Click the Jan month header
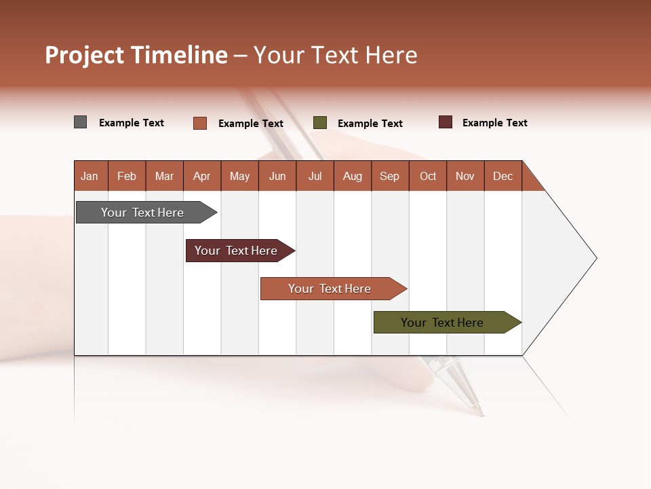click(x=90, y=176)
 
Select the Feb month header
click(x=127, y=176)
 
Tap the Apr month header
click(x=201, y=176)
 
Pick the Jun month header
click(x=277, y=176)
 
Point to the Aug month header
click(x=352, y=176)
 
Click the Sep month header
click(x=389, y=176)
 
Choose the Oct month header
click(x=428, y=176)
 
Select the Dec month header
click(x=502, y=176)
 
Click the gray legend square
click(x=81, y=122)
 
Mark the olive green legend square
click(x=320, y=123)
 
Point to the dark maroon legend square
click(x=446, y=122)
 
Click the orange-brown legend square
click(x=200, y=123)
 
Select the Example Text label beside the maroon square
click(x=494, y=123)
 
